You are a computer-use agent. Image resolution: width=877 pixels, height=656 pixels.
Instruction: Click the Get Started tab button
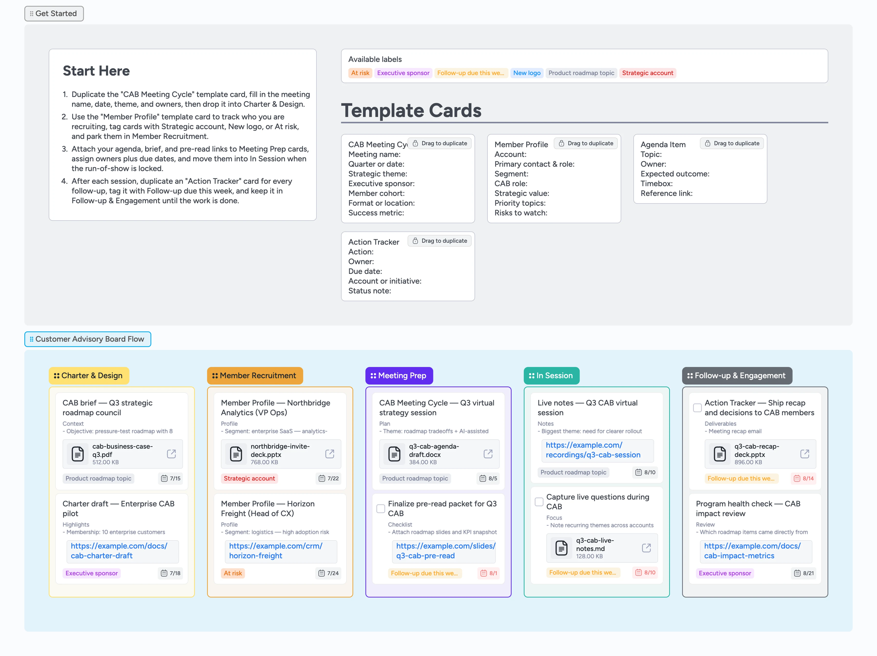[54, 13]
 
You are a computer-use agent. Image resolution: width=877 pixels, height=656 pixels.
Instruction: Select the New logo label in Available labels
[526, 73]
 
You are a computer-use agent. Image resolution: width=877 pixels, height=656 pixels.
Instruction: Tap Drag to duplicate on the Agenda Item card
[732, 143]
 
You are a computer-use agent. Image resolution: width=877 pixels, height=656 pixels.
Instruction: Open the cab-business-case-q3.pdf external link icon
[171, 454]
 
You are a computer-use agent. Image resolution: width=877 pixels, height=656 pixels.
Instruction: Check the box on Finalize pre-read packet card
[381, 509]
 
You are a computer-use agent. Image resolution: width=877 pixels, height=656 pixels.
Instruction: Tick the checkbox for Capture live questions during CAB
[539, 502]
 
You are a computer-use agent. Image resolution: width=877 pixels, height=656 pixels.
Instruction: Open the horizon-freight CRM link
[276, 551]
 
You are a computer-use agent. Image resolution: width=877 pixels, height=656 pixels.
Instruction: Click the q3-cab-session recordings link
[593, 450]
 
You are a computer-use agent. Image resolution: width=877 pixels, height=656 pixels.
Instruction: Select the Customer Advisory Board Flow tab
[88, 339]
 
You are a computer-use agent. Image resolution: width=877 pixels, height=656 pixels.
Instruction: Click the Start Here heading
[96, 71]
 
